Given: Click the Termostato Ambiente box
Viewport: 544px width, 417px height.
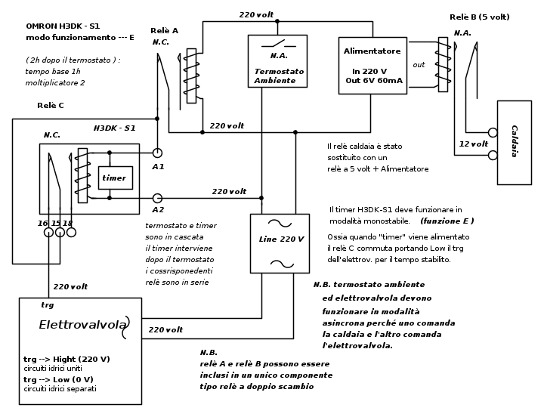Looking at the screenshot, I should (277, 61).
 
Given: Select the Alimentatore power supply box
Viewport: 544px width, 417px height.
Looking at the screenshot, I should (372, 65).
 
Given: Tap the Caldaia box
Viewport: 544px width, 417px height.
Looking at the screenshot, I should (514, 142).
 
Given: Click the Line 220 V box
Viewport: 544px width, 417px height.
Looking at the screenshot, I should (280, 242).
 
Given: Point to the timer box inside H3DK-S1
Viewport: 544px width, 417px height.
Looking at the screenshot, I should (115, 178).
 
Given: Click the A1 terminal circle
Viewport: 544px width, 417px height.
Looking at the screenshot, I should (157, 153).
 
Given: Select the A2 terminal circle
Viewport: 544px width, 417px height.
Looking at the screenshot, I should (157, 198).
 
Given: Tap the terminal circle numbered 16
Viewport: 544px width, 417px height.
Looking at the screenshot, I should (48, 233).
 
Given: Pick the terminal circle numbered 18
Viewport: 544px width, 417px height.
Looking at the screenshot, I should (71, 233).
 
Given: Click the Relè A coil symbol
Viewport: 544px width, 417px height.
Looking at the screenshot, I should (191, 76).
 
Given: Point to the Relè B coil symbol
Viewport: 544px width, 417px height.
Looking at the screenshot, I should (443, 64).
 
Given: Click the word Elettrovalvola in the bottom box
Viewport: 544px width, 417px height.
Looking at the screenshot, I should (82, 325).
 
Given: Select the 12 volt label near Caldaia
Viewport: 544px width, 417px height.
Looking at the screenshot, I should (474, 144).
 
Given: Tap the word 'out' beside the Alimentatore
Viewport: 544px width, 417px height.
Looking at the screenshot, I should (419, 65).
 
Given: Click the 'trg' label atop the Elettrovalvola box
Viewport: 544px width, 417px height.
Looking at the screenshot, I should (47, 305).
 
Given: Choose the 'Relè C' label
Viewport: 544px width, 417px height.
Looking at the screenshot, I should (51, 106).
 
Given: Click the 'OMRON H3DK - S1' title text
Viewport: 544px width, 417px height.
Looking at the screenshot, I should (63, 26).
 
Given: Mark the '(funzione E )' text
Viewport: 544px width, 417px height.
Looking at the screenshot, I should (447, 221).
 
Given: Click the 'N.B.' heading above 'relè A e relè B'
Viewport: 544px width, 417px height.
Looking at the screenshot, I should (209, 353).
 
